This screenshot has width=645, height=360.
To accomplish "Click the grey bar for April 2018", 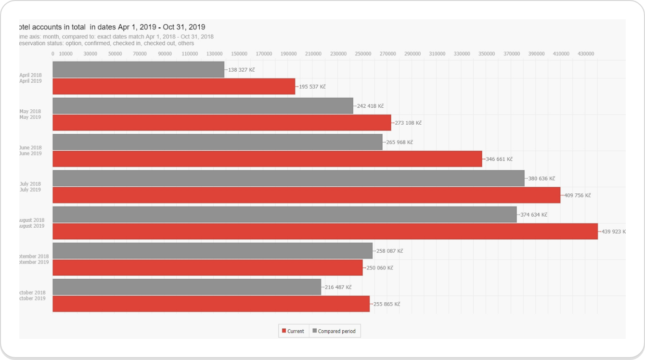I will pyautogui.click(x=138, y=69).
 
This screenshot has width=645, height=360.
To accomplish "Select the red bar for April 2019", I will pyautogui.click(x=173, y=87).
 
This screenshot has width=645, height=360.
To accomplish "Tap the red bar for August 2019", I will pyautogui.click(x=325, y=231).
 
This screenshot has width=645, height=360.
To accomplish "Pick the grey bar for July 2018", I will pyautogui.click(x=288, y=178).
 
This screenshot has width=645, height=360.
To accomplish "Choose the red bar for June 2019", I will pyautogui.click(x=267, y=159).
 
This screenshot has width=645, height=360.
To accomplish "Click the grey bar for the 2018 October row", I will pyautogui.click(x=187, y=287).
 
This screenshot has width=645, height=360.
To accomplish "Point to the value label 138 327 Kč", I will pyautogui.click(x=241, y=70).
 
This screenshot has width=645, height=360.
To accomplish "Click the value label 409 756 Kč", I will pyautogui.click(x=577, y=195).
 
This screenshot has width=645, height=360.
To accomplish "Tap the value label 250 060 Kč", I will pyautogui.click(x=379, y=268).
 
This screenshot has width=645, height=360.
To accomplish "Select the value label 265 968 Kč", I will pyautogui.click(x=399, y=142).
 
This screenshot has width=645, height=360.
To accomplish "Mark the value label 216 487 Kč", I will pyautogui.click(x=338, y=287).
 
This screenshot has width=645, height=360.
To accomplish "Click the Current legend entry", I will pyautogui.click(x=293, y=331).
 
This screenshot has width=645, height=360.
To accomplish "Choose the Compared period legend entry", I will pyautogui.click(x=335, y=331).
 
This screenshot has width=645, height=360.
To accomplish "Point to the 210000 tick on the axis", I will pyautogui.click(x=313, y=53).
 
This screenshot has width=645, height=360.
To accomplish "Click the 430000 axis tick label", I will pyautogui.click(x=586, y=53).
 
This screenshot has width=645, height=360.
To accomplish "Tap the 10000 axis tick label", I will pyautogui.click(x=65, y=53).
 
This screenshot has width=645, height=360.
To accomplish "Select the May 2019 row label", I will pyautogui.click(x=30, y=117).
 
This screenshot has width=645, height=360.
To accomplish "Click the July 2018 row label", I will pyautogui.click(x=30, y=184).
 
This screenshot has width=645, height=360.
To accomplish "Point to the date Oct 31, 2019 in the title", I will pyautogui.click(x=184, y=27).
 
